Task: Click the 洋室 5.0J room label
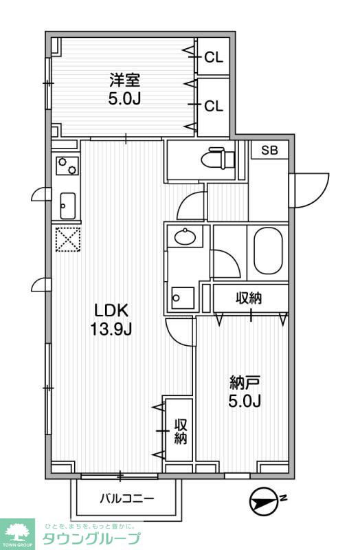[x=124, y=88]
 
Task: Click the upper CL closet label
[x=214, y=58]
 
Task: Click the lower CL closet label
[x=214, y=106]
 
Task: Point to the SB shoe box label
[x=269, y=151]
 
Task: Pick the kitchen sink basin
[x=67, y=204]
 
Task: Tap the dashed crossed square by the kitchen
[x=67, y=240]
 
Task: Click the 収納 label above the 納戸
[x=250, y=298]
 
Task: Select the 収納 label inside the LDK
[x=180, y=431]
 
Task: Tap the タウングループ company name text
[x=91, y=538]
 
